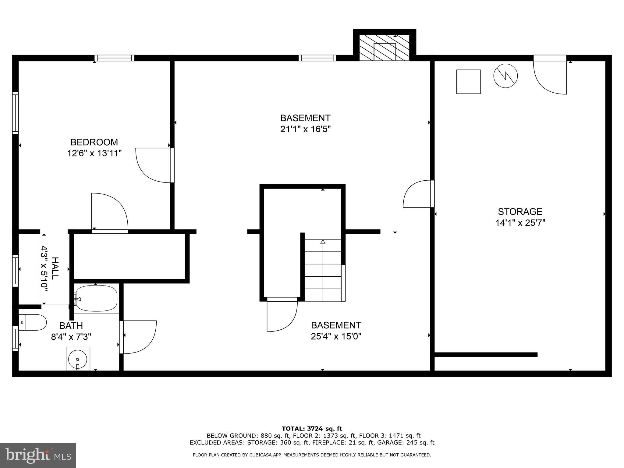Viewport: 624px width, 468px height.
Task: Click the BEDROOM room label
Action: [94, 142]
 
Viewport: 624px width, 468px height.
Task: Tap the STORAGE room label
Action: [520, 211]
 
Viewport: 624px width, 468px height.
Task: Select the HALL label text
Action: [55, 268]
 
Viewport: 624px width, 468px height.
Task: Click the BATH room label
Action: [71, 326]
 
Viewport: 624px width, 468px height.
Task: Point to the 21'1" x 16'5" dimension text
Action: [305, 129]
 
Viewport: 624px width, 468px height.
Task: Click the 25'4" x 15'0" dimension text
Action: [336, 336]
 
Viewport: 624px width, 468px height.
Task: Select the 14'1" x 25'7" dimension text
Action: [520, 223]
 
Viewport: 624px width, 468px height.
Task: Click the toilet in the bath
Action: [33, 322]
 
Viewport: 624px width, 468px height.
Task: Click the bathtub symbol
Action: [96, 298]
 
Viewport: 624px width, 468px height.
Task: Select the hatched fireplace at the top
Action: [384, 48]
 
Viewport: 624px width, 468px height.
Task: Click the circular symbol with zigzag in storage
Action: [505, 76]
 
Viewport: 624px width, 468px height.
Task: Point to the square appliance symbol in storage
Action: [468, 82]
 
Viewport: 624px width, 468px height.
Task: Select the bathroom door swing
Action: [139, 337]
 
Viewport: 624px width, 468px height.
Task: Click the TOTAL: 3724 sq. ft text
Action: [312, 429]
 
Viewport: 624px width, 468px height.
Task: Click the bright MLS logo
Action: [38, 456]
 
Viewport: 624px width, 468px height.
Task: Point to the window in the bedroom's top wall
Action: [114, 58]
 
